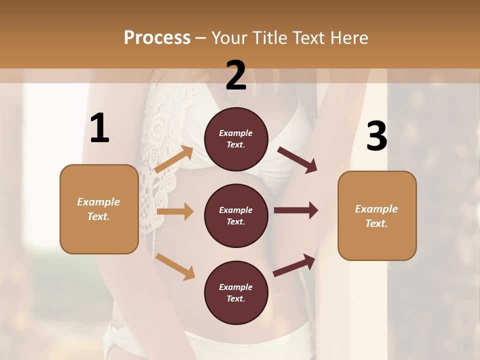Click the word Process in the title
coord(157,38)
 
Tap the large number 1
coord(99,128)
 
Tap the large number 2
coord(236,75)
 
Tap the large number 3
coord(376,136)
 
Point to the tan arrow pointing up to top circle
coord(174,160)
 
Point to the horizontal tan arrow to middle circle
coord(175,211)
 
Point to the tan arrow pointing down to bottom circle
coord(175,266)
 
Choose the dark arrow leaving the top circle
coord(297,160)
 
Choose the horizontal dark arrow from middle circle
coord(295,210)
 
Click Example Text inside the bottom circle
coord(236,293)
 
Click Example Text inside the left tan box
coord(99,209)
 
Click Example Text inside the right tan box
coord(377,216)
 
